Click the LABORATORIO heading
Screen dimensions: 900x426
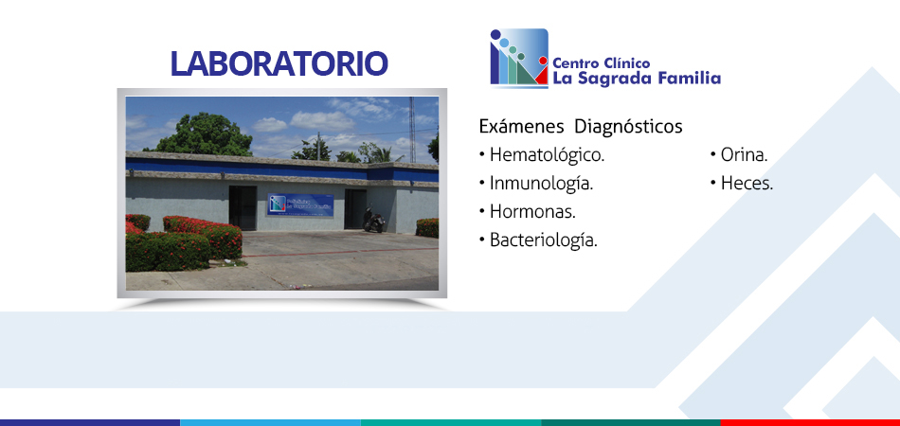[279, 63]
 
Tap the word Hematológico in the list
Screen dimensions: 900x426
[547, 155]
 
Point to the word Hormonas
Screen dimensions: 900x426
[532, 211]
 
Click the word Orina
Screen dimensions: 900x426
[744, 155]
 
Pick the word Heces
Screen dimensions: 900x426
[747, 184]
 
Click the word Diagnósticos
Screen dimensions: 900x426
[628, 126]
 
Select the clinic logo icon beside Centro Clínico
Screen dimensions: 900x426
[519, 58]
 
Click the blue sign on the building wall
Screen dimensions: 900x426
[300, 204]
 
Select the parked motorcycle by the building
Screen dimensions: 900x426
[373, 220]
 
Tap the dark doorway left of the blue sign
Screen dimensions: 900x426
[243, 207]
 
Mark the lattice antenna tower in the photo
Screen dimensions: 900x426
[411, 130]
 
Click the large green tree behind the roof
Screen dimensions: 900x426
[205, 134]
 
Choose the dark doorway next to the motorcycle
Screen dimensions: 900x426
[355, 208]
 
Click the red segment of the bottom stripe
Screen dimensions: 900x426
[810, 422]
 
